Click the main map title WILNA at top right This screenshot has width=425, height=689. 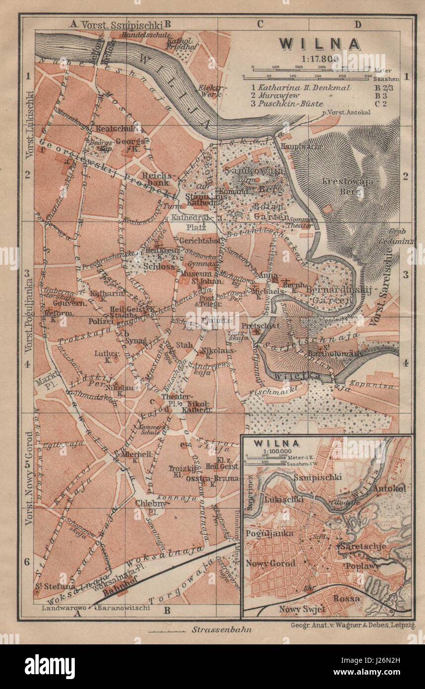319,44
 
